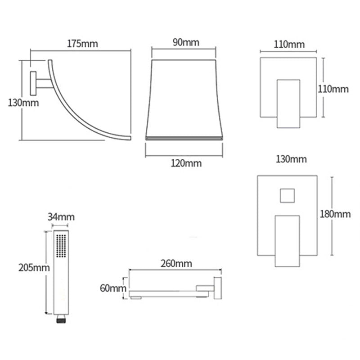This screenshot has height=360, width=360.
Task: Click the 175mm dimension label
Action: (x=82, y=44)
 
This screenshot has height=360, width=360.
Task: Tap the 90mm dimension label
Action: (x=186, y=42)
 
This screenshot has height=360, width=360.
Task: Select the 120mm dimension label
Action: (x=186, y=163)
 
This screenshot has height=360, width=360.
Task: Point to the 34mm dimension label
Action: (x=61, y=217)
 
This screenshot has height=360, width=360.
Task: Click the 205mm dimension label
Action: (x=34, y=268)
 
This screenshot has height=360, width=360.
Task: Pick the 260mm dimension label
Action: (x=176, y=264)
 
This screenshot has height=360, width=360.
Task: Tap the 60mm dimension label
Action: (x=113, y=288)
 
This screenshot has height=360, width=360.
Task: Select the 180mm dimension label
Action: (x=335, y=214)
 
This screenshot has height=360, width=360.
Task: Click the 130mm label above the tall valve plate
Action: (x=291, y=159)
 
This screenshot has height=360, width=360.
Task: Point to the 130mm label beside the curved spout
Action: (x=23, y=103)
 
